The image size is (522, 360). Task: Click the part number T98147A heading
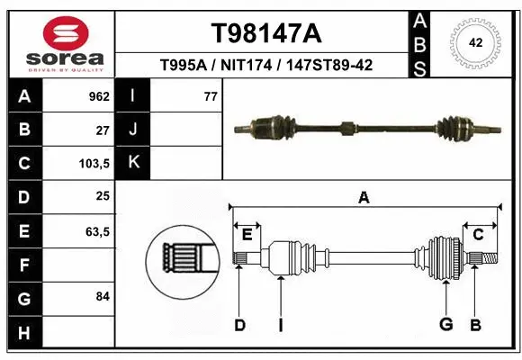pos(265,33)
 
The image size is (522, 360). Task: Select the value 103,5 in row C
pos(94,164)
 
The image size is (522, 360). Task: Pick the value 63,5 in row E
pos(97,231)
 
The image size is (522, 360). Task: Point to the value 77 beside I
pos(211,96)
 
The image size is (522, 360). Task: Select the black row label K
pos(132,163)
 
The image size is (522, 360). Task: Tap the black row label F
pos(23,265)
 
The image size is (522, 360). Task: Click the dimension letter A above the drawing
pos(364,198)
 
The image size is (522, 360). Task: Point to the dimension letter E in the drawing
pos(247,235)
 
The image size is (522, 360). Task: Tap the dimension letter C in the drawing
pos(478,234)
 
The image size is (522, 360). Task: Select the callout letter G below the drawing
pos(445,325)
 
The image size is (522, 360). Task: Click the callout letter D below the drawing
pos(239,325)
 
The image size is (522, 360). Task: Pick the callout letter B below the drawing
pos(475,325)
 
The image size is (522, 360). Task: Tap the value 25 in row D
pos(103,197)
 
